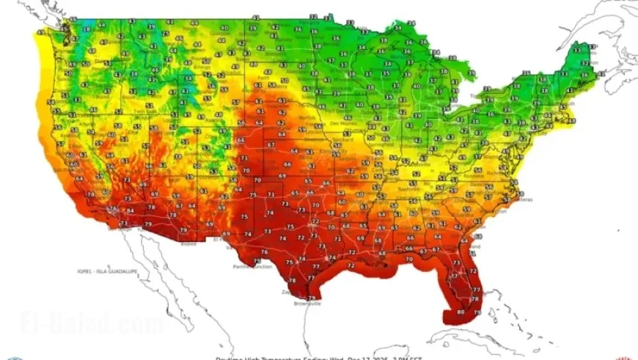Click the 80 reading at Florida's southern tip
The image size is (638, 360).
pos(461,311)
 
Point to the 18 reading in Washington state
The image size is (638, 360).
pos(87,29)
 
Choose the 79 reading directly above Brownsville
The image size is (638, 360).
pos(312,297)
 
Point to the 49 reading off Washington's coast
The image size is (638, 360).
pos(72,65)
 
